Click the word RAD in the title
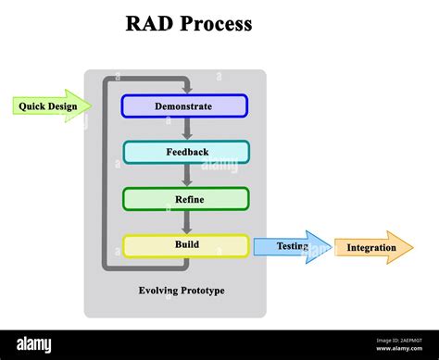point(148,24)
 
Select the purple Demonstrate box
point(184,106)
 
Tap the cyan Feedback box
point(185,152)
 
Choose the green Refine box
point(185,199)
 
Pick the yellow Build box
point(185,245)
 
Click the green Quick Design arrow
point(52,106)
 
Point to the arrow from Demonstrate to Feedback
point(187,130)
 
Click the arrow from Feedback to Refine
point(187,176)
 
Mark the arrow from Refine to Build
point(187,222)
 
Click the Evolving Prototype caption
point(182,291)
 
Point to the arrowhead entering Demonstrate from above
point(187,90)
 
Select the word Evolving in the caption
point(157,291)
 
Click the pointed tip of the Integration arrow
point(412,248)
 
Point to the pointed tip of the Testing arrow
point(330,247)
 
